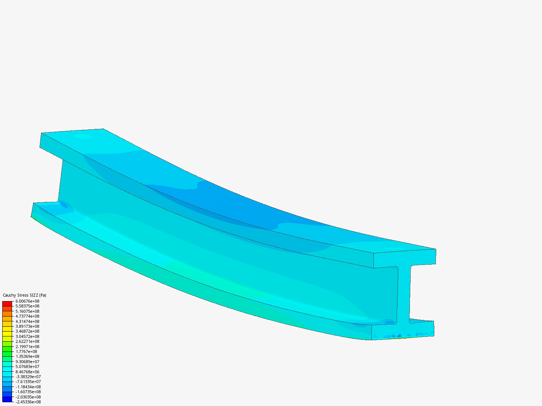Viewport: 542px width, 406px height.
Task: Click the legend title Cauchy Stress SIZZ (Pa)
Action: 24,295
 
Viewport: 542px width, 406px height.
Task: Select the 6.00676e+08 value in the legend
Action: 27,301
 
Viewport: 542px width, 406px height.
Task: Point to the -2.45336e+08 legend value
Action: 28,402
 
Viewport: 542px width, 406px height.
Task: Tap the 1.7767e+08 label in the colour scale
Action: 26,351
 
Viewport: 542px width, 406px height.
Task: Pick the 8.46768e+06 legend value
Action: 27,372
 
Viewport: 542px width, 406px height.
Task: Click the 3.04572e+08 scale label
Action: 27,336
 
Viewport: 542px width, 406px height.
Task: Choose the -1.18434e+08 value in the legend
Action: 28,387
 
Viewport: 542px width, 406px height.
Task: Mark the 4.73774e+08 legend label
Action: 27,316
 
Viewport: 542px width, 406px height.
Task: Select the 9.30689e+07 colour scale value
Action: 27,362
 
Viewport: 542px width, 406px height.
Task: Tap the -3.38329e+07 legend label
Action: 28,377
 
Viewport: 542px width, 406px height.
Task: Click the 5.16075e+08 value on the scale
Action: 27,311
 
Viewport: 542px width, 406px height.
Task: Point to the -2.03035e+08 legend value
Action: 28,397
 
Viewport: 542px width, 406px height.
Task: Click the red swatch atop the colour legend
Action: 7,303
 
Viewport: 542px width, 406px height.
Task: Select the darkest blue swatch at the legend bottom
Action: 7,399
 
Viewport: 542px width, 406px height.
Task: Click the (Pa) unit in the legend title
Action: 43,295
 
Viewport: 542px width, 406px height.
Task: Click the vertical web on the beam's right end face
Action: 404,293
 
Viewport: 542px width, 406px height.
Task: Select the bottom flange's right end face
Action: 403,330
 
